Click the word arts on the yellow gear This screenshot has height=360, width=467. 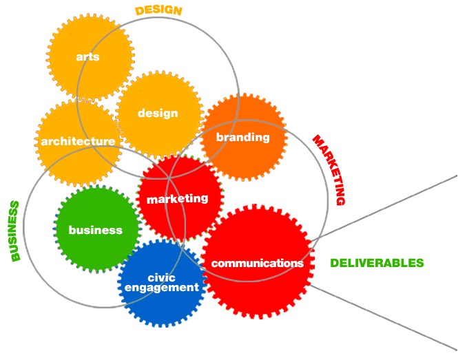[x=87, y=56]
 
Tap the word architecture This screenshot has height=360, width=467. [x=78, y=141]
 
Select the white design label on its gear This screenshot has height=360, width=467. [x=158, y=113]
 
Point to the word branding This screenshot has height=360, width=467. [x=243, y=137]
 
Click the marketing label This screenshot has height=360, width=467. [x=177, y=198]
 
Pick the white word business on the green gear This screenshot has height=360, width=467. [x=96, y=230]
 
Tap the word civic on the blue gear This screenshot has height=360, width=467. [x=162, y=277]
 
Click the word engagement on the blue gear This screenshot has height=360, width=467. [x=162, y=288]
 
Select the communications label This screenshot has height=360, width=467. [x=257, y=263]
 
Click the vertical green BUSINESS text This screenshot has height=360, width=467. [x=15, y=231]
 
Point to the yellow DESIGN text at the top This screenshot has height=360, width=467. [x=158, y=10]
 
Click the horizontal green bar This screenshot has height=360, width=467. [x=376, y=263]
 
